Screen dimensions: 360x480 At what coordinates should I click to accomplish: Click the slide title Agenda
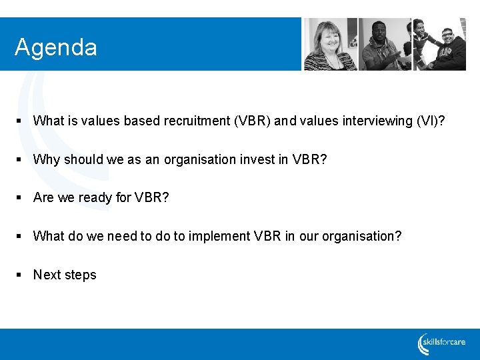tap(56, 47)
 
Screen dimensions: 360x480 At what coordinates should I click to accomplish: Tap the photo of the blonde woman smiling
tap(331, 44)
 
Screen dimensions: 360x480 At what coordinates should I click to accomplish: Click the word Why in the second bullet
tap(46, 159)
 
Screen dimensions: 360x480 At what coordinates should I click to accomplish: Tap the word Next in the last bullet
tap(47, 275)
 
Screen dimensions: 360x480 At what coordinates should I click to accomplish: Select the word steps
tap(81, 275)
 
